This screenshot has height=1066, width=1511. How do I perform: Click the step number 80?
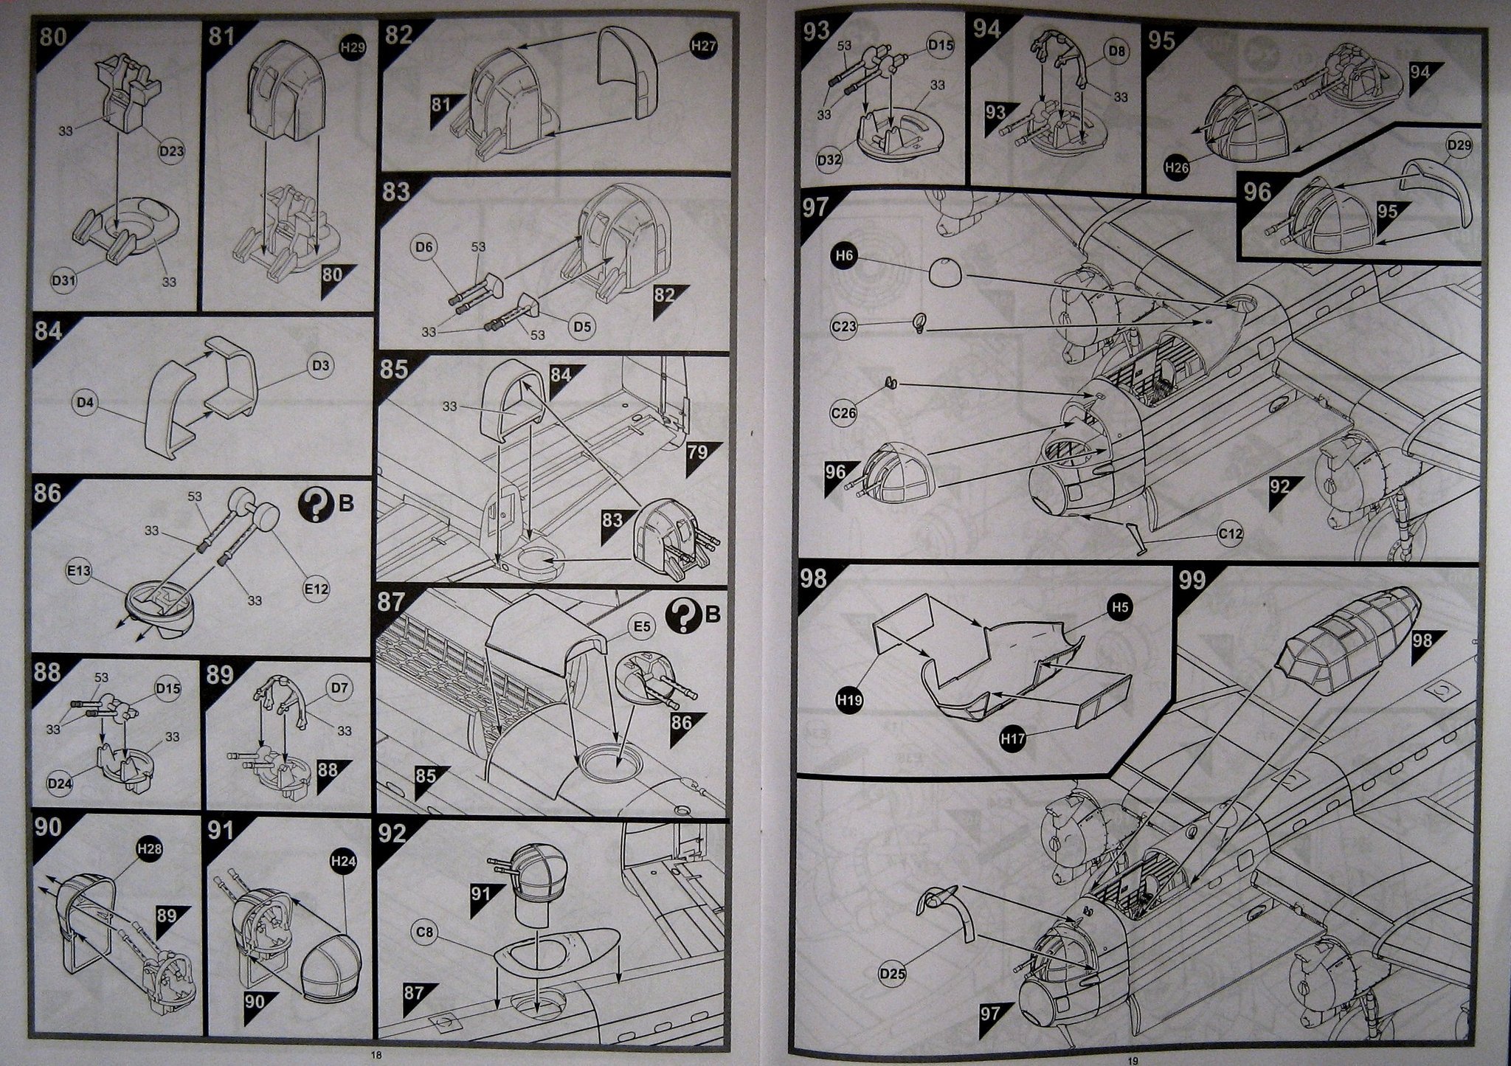52,35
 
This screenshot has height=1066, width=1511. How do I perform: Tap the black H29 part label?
352,48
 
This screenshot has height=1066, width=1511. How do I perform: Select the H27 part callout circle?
704,46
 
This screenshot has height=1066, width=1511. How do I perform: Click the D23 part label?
171,151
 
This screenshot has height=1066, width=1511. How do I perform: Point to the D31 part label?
65,280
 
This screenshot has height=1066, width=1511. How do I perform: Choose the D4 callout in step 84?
86,403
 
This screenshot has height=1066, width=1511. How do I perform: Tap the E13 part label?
81,570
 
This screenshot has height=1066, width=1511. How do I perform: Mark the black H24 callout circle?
342,862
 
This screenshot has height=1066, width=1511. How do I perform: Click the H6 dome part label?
845,257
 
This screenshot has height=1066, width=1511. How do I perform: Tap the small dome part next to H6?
945,272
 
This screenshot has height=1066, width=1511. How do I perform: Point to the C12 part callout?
1231,533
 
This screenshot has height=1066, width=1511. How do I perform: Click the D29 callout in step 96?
1459,146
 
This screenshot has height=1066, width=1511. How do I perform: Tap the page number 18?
376,1056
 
